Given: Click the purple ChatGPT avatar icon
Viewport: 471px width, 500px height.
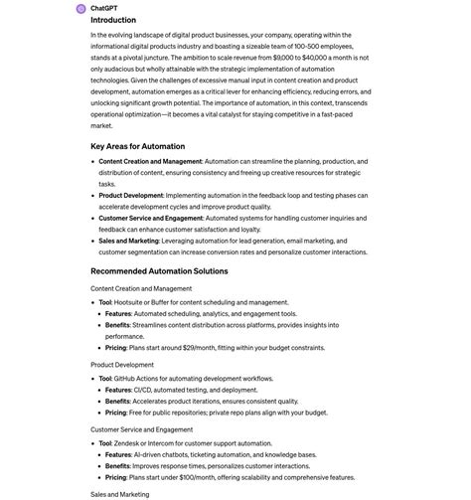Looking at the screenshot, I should pos(80,8).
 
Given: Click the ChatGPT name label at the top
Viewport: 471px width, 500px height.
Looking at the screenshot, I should pos(105,8).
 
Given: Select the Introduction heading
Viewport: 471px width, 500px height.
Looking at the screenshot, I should pos(113,20).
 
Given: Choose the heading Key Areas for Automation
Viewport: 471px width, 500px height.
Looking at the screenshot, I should pos(137,146).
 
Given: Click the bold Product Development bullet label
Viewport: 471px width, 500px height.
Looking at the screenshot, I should pos(130,195).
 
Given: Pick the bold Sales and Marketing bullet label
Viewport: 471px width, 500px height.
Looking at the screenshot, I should pos(128,241).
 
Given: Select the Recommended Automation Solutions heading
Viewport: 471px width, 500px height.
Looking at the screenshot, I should pos(159,270).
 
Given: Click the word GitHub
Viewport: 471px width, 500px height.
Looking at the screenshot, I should pos(126,379).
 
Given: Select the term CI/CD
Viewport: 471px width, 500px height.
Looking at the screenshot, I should pos(146,391).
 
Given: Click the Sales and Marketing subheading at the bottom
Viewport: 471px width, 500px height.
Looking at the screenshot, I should pos(119,494).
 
